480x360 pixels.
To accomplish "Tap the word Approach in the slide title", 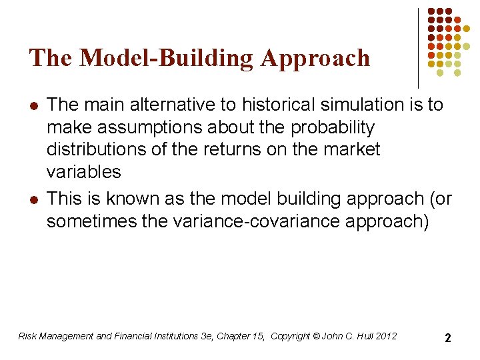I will (315, 58).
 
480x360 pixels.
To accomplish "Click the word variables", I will (83, 172).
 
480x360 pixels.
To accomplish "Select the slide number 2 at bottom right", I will (447, 338).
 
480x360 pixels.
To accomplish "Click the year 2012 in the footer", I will (385, 336).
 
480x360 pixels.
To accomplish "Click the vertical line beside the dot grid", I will (419, 47).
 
